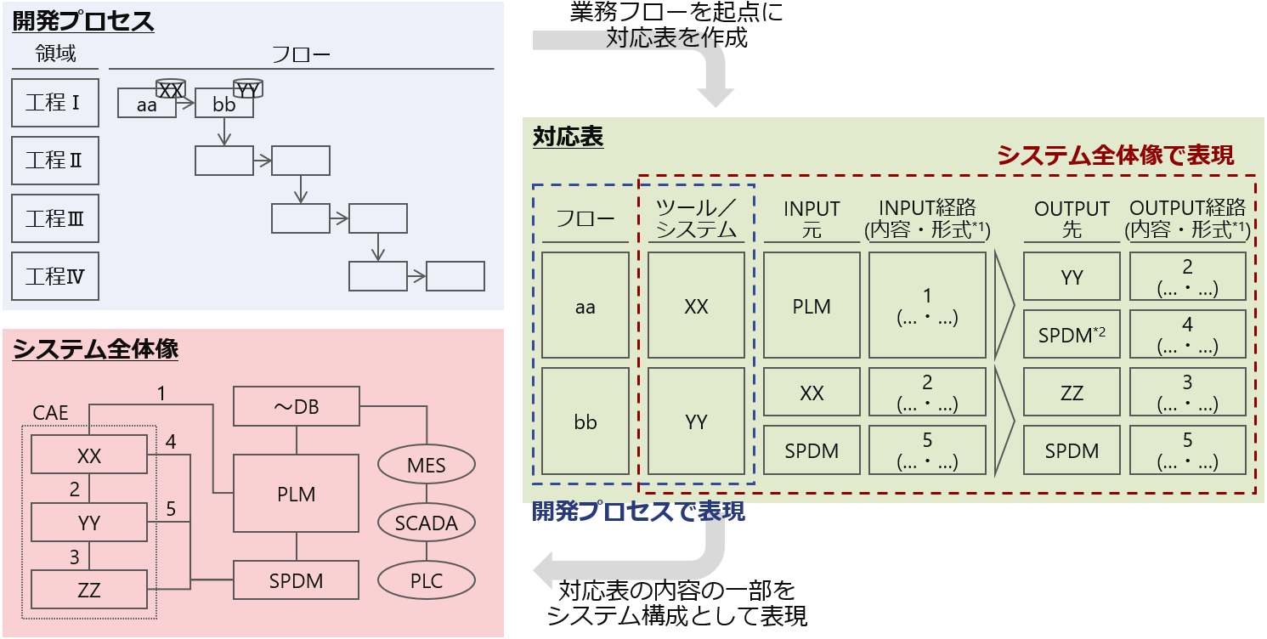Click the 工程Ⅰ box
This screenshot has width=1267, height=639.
coord(55,103)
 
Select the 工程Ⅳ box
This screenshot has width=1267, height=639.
coord(55,276)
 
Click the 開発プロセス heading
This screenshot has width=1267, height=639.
coord(83,21)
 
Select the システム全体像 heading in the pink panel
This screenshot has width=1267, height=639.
coord(95,349)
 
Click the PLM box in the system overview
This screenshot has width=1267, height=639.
coord(296,494)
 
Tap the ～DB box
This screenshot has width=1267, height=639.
coord(296,407)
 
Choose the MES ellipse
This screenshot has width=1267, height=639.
coord(427,465)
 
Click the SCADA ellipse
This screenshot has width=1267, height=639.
coord(427,523)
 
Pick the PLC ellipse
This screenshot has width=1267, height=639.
coord(427,581)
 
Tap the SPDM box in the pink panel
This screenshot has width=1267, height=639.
coord(296,581)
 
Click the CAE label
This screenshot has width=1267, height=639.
coord(51,413)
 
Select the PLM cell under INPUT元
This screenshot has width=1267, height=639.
coord(812,306)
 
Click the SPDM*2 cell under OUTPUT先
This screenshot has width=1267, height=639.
coord(1072,335)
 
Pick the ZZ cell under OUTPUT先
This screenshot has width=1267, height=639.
coord(1072,393)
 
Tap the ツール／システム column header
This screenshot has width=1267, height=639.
coord(696,218)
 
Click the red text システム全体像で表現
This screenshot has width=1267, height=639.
coord(1115,155)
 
